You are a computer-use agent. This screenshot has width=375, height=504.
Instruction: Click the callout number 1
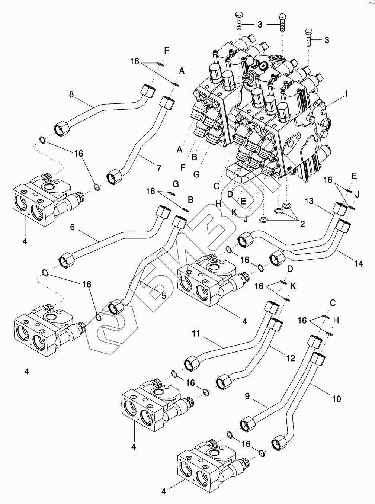(x=346, y=94)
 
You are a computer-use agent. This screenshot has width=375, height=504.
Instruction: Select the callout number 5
(x=163, y=296)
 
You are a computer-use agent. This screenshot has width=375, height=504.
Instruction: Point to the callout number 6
(x=73, y=227)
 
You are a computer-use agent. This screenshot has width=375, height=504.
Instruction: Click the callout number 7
(x=159, y=168)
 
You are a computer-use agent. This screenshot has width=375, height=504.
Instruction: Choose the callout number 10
(x=336, y=399)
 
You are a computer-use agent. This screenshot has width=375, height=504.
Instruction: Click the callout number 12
(x=291, y=358)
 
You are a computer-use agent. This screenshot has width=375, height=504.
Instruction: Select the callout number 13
(x=310, y=201)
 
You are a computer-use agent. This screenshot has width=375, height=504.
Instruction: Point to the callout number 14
(x=358, y=264)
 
